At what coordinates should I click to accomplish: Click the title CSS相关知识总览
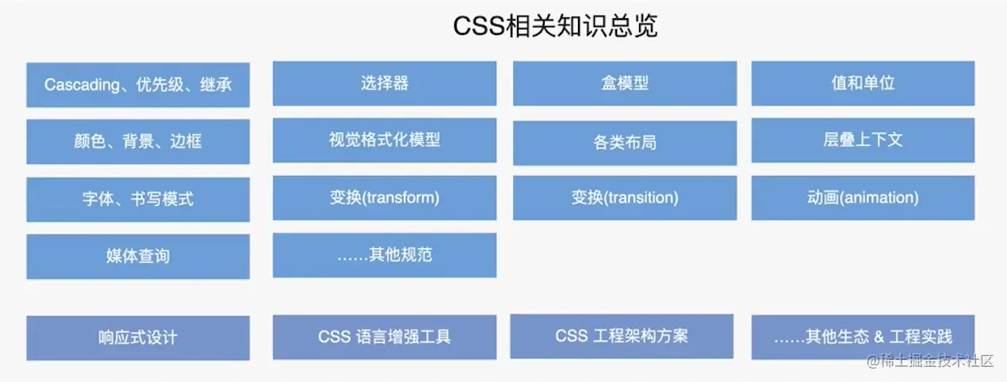click(x=555, y=26)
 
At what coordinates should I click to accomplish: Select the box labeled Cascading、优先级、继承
click(x=138, y=85)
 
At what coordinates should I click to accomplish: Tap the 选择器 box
click(x=385, y=83)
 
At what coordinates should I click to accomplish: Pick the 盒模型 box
click(x=625, y=83)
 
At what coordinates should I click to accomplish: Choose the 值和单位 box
click(x=863, y=83)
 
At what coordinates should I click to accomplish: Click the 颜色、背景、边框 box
click(x=138, y=142)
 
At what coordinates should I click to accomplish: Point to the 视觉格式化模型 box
click(x=385, y=140)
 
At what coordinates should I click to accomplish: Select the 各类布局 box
click(x=625, y=143)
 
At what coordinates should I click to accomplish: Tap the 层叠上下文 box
click(x=863, y=140)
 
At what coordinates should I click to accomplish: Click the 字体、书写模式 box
click(x=138, y=200)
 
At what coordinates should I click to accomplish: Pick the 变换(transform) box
click(x=385, y=198)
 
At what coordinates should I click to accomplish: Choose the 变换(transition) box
click(x=625, y=198)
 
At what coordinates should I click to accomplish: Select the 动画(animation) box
click(x=863, y=198)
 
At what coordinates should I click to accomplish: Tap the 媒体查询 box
click(x=138, y=257)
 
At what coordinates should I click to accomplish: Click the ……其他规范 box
click(x=385, y=255)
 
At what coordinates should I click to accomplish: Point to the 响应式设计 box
click(x=138, y=338)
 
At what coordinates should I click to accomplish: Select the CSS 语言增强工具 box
click(x=385, y=337)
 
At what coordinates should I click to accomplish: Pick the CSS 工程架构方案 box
click(x=622, y=336)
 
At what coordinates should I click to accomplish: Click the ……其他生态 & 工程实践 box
click(x=863, y=337)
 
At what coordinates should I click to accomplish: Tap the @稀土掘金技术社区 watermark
click(x=929, y=361)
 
